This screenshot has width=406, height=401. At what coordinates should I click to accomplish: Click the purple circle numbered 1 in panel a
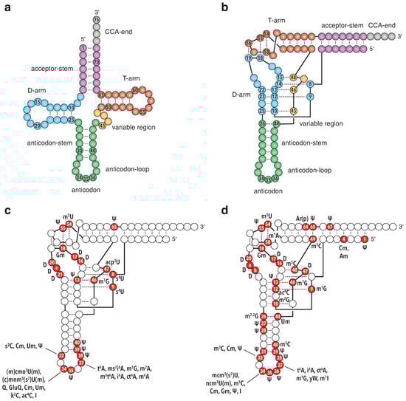point(83,48)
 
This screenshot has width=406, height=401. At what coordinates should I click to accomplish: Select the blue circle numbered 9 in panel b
point(311,97)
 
